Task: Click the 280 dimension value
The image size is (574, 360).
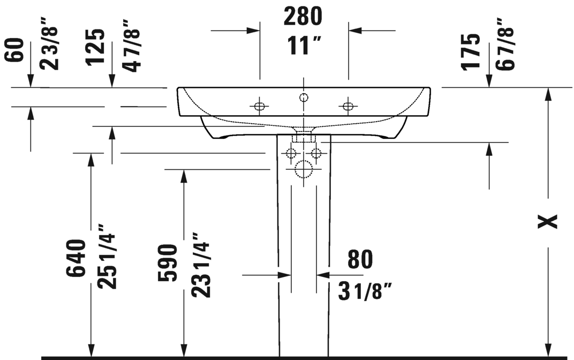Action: tap(303, 17)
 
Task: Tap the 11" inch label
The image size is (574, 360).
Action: tap(303, 46)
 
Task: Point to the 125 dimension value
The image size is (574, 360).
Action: tap(95, 48)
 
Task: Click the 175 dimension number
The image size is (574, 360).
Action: tap(471, 51)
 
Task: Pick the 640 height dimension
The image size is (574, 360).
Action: tap(76, 258)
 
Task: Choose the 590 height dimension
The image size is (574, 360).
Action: tap(168, 263)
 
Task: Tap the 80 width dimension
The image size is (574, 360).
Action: tap(360, 259)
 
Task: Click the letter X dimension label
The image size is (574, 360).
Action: tap(547, 221)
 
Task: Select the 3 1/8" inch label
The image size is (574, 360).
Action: tap(365, 291)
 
